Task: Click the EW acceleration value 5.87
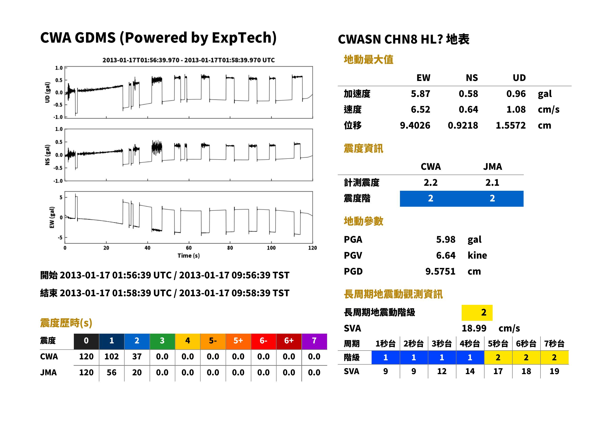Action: tap(420, 94)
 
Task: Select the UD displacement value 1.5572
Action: tap(510, 126)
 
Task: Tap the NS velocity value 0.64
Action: tap(468, 110)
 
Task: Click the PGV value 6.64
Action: tap(445, 256)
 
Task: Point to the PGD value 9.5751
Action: tap(440, 271)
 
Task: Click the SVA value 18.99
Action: tap(474, 328)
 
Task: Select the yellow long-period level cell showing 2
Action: tap(477, 313)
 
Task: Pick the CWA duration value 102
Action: tap(111, 357)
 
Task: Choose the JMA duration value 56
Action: tap(111, 373)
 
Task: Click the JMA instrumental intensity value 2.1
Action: tap(492, 183)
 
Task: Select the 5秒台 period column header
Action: tap(498, 344)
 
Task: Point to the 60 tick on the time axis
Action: tap(189, 248)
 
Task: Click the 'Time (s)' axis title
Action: tap(189, 256)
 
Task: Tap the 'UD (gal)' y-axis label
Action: tap(47, 92)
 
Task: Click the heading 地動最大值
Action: tap(369, 60)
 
